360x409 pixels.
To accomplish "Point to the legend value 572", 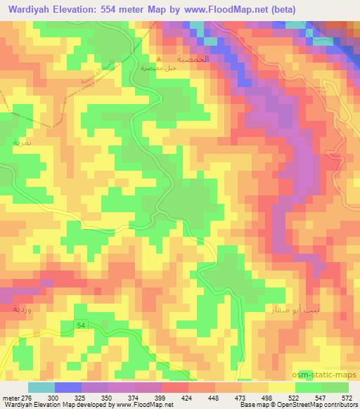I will pyautogui.click(x=347, y=397).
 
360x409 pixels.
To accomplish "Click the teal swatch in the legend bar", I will pyautogui.click(x=41, y=387).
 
